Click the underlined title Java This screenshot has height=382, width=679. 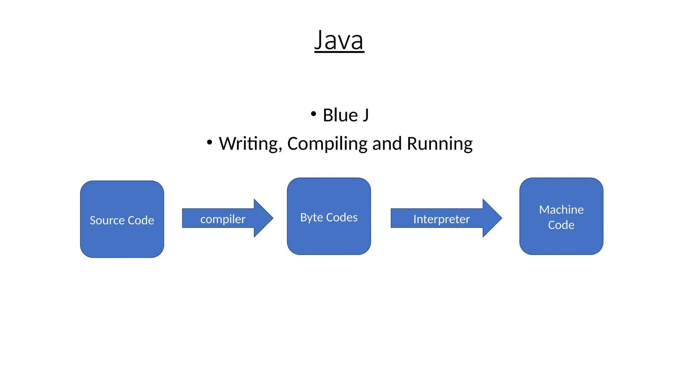(339, 40)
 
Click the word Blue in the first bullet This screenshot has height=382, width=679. (340, 115)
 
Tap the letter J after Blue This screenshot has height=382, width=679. (365, 115)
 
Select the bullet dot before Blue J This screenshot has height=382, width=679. (313, 114)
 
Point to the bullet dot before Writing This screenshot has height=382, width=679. (209, 142)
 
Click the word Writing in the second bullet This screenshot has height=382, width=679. (250, 144)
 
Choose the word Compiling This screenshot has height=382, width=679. (327, 144)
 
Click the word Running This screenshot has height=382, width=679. (440, 144)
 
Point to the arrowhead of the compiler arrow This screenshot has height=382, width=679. (264, 218)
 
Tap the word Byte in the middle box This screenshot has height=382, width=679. (311, 218)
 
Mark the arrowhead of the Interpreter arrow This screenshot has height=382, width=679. (492, 218)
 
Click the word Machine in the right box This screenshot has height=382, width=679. (561, 210)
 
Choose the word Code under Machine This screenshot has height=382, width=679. (561, 225)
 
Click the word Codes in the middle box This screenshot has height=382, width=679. (342, 218)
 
